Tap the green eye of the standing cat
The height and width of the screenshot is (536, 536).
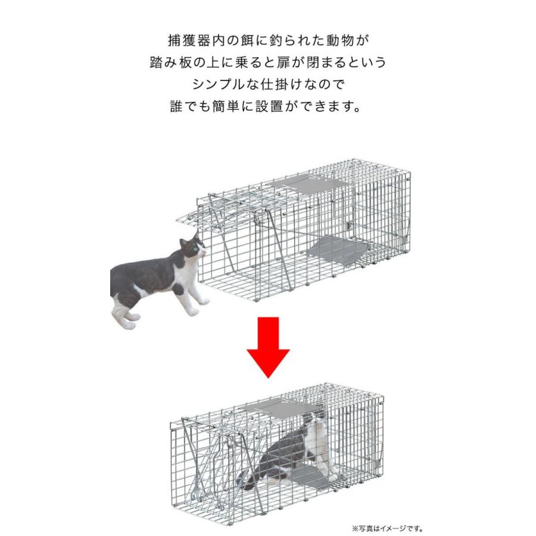coord(195,249)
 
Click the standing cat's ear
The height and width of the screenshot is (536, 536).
coord(183,243)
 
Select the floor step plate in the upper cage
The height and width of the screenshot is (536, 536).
coord(336,251)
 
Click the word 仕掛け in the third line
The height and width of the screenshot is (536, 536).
coord(281,85)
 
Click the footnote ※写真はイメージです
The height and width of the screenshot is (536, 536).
coord(387,529)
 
